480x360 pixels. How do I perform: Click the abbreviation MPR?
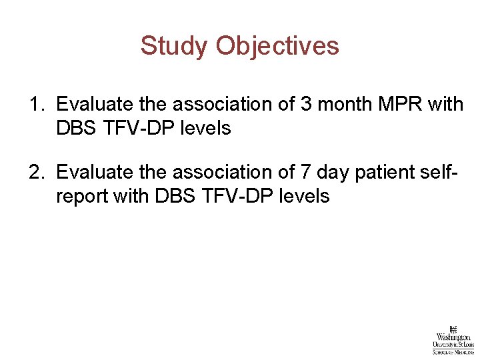click(397, 105)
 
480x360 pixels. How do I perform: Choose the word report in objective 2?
click(81, 196)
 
